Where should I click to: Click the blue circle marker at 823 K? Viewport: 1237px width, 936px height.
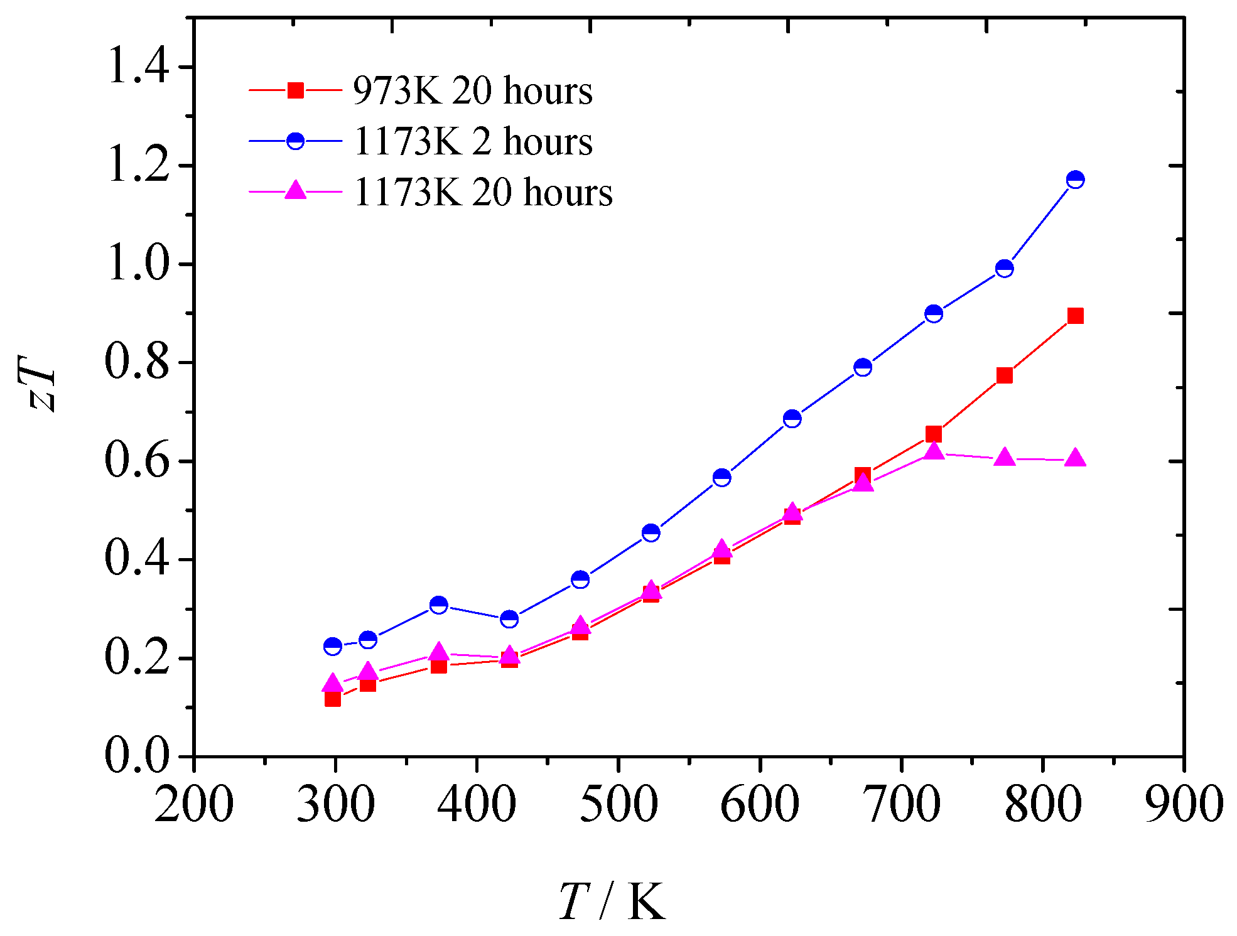(1075, 180)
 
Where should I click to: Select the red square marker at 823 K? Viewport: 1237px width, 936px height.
(1075, 316)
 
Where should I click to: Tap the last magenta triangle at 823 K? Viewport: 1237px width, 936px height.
(1075, 458)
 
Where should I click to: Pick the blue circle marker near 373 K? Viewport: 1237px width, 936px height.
(439, 605)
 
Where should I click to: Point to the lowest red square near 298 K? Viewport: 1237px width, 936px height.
(333, 698)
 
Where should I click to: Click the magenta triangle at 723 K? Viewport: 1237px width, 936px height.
(934, 451)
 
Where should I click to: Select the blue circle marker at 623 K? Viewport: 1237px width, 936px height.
(792, 419)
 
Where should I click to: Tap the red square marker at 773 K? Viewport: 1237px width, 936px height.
(1004, 375)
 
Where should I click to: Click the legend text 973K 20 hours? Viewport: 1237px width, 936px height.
(472, 91)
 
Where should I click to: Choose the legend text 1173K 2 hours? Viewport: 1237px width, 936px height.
(472, 141)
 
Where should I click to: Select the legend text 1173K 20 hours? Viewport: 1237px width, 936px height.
(482, 192)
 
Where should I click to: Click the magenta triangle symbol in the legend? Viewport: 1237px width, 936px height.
(295, 190)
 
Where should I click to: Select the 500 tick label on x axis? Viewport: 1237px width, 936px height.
(618, 805)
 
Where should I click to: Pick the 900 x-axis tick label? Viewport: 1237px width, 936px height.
(1184, 805)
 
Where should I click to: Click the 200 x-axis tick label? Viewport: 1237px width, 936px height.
(194, 805)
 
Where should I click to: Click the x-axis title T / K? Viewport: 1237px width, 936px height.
(611, 902)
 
